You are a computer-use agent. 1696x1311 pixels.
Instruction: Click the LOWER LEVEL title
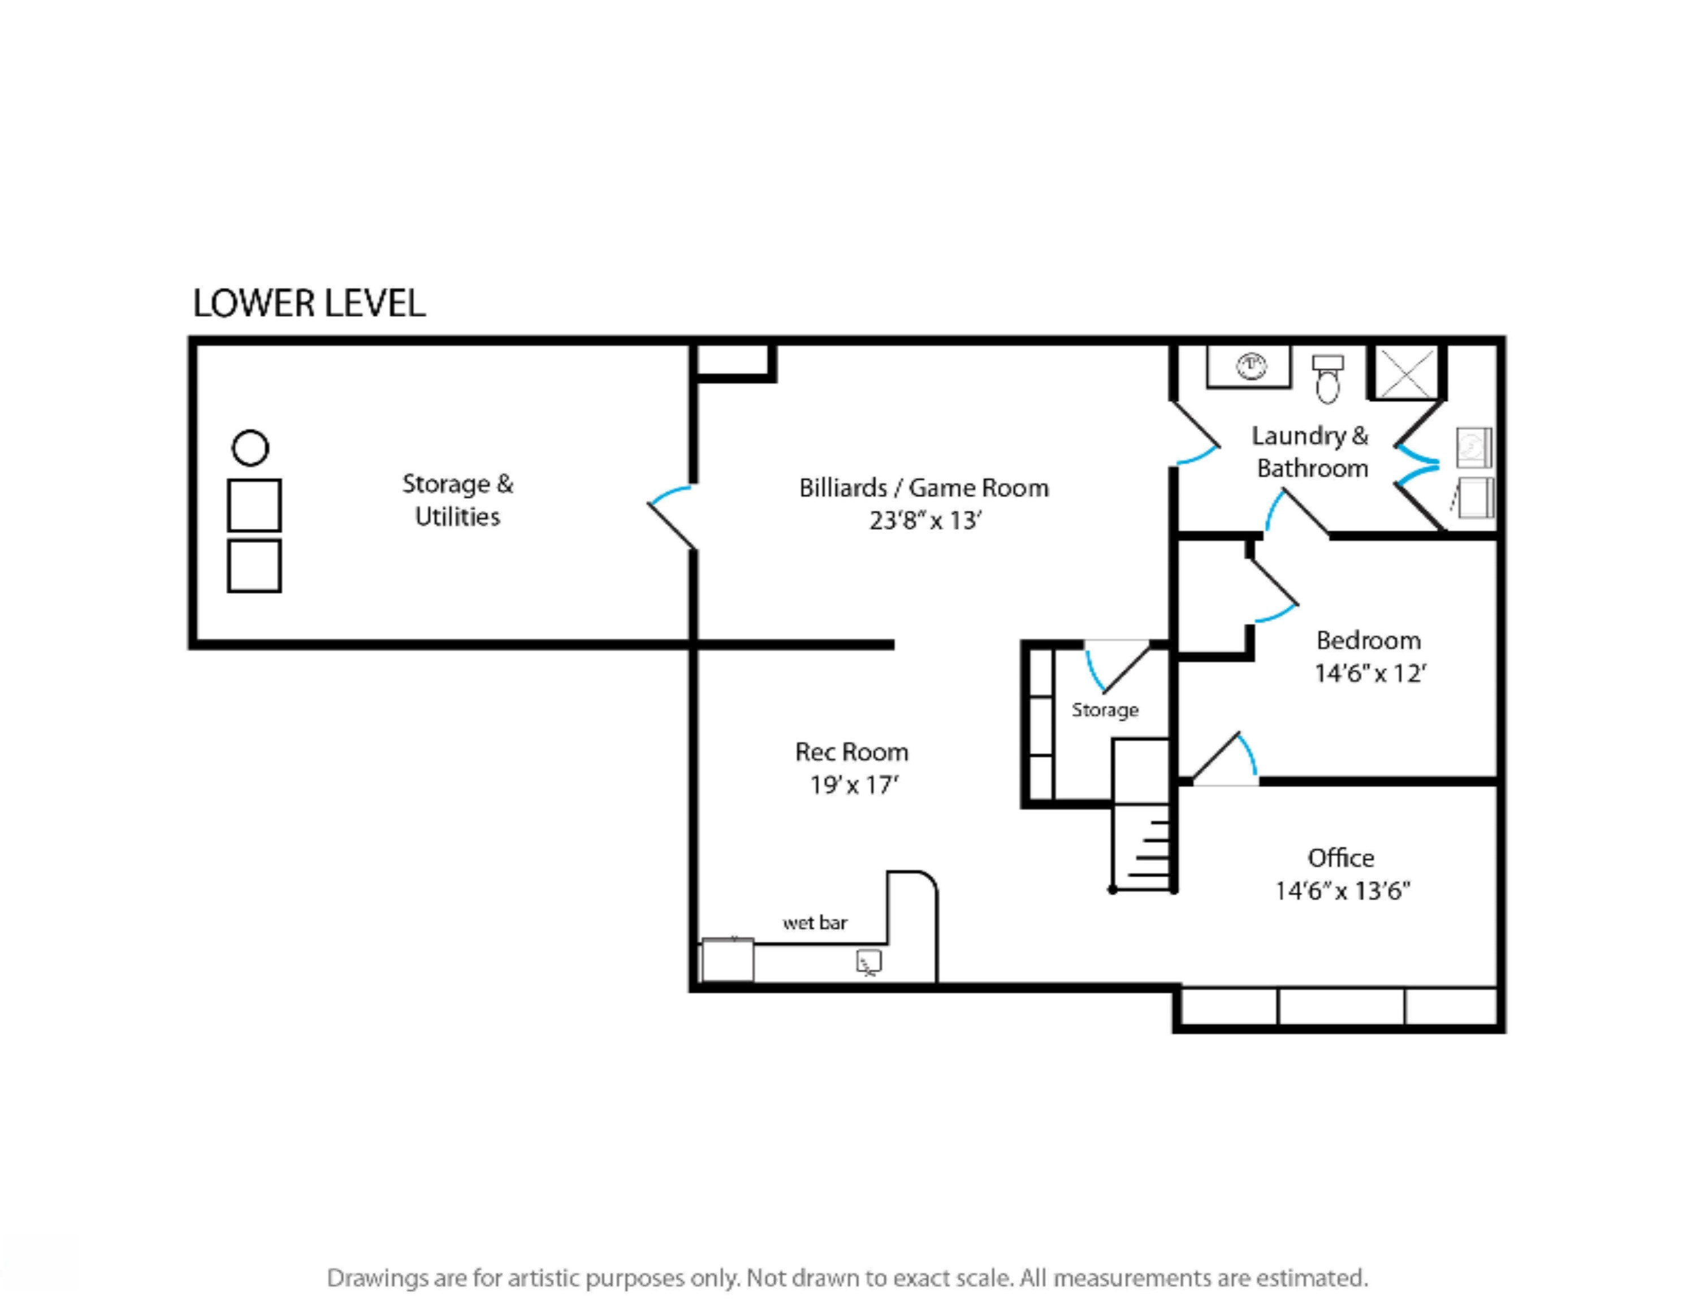click(309, 303)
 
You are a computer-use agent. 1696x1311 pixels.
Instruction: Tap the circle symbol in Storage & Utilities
click(250, 448)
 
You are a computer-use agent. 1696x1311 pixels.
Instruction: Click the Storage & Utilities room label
click(457, 499)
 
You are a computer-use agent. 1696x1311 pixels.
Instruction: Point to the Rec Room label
click(852, 752)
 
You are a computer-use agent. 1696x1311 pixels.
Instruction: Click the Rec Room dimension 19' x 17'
click(854, 785)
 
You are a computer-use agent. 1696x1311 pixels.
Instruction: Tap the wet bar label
click(815, 922)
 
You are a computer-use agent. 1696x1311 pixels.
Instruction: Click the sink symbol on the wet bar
click(869, 962)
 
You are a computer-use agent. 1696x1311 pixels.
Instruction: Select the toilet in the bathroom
click(1327, 379)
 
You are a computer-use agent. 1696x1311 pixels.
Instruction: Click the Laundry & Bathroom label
click(1311, 452)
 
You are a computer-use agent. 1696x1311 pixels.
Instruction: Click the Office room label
click(1341, 857)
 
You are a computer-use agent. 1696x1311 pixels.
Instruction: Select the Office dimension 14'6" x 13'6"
click(1343, 890)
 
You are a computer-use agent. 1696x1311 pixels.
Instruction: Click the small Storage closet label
click(1105, 710)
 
